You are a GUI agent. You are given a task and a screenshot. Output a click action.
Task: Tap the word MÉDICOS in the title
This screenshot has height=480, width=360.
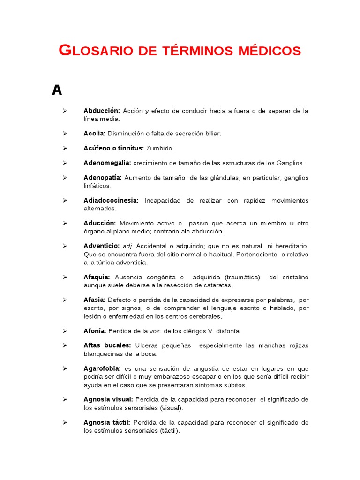click(269, 51)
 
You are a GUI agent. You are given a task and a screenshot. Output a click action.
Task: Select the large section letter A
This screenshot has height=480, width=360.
click(57, 90)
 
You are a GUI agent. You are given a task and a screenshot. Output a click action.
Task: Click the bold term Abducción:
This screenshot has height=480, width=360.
click(102, 111)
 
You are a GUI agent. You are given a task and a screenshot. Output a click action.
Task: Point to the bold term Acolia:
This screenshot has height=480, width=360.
click(94, 134)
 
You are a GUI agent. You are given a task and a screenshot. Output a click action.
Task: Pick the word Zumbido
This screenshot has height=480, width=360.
click(160, 148)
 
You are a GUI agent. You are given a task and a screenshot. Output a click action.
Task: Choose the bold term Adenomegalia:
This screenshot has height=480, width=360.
click(107, 163)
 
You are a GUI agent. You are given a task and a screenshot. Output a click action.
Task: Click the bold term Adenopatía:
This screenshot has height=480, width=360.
click(103, 178)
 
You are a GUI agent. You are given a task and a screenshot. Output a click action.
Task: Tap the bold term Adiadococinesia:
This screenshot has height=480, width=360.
click(111, 201)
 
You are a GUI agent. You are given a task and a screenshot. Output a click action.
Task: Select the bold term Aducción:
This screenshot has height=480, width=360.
click(100, 223)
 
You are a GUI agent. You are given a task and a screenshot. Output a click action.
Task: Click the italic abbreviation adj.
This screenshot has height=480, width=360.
click(128, 246)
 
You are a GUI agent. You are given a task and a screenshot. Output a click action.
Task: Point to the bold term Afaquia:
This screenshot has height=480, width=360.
click(97, 277)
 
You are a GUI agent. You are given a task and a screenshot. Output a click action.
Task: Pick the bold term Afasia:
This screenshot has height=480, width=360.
click(95, 300)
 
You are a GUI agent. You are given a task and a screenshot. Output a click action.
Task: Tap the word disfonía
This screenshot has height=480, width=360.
click(228, 331)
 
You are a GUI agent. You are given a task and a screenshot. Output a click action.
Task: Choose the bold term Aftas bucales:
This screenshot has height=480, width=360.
click(107, 345)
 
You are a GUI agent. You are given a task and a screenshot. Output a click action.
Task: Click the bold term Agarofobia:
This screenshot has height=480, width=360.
click(102, 368)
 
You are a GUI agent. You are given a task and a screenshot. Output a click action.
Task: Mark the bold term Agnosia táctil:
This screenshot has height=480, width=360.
click(107, 422)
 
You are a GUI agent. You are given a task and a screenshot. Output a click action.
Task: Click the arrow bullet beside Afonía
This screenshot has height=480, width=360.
click(65, 331)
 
